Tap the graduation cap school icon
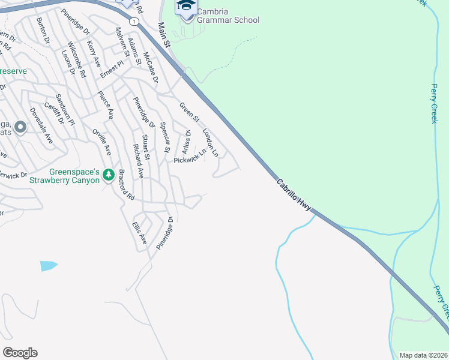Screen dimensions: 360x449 tap(185, 8)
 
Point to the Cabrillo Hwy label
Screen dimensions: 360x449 tap(294, 194)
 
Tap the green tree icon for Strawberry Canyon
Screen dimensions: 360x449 tap(108, 175)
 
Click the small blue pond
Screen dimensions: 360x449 tap(48, 265)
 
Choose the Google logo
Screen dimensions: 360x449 tap(20, 353)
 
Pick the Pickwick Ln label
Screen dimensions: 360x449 tap(190, 157)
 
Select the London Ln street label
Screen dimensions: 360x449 tap(211, 142)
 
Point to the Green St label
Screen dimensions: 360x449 tap(188, 113)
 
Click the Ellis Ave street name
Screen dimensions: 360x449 tap(139, 232)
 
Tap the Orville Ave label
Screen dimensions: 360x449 tap(101, 141)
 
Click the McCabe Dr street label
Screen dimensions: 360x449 tap(149, 68)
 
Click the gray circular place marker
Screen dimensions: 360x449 tap(20, 127)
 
